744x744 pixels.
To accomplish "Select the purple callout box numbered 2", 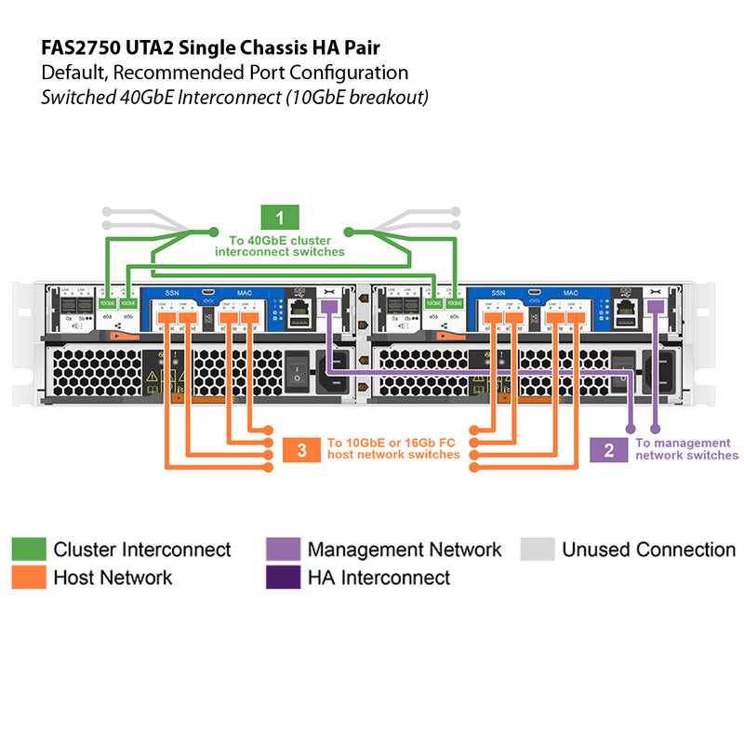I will [609, 450].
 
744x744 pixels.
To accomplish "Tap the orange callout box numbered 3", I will [302, 450].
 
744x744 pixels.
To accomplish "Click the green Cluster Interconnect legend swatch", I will [28, 549].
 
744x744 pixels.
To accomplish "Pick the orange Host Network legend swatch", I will [28, 578].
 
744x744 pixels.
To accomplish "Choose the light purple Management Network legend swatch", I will [283, 549].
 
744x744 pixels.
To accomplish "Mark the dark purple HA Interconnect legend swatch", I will [283, 578].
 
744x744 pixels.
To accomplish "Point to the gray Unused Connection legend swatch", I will [537, 549].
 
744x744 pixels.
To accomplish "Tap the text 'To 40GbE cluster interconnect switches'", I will [279, 246].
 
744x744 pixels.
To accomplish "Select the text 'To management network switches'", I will [686, 449].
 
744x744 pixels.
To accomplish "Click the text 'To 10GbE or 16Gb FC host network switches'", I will [393, 449].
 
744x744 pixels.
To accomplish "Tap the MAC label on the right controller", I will [570, 292].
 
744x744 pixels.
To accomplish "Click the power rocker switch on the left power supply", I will [297, 371].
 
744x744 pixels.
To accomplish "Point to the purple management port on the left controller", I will [327, 307].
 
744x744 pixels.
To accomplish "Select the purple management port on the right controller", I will [655, 307].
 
